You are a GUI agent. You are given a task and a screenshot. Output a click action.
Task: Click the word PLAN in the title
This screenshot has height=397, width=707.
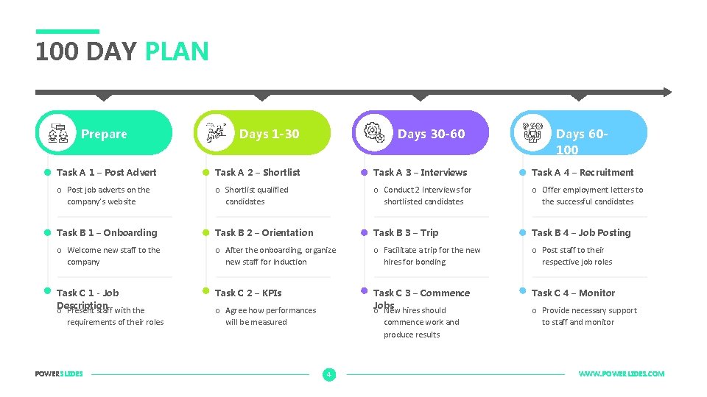[x=177, y=51]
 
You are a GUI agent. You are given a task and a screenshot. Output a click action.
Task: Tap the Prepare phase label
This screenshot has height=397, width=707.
[x=104, y=134]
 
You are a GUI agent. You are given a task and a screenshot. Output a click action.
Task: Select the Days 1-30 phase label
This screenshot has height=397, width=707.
[x=269, y=134]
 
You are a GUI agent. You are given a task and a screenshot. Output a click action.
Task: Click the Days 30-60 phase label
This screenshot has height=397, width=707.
[x=431, y=134]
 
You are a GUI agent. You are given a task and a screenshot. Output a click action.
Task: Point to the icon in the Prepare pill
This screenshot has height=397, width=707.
[x=58, y=133]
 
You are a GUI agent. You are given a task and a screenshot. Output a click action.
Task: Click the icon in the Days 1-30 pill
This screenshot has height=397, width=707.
[x=216, y=132]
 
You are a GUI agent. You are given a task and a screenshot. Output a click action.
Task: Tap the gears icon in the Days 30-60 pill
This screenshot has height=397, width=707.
[x=374, y=132]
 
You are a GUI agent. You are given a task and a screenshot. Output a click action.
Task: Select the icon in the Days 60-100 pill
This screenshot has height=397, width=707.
[x=532, y=132]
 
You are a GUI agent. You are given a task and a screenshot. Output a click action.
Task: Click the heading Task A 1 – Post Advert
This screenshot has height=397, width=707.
[x=107, y=173]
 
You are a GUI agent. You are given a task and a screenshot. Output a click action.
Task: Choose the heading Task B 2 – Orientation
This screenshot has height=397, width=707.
[x=264, y=233]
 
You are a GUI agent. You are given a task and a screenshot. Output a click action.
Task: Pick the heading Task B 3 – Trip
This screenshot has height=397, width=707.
[x=406, y=233]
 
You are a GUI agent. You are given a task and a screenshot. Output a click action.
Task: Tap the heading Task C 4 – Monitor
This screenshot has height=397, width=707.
[x=573, y=293]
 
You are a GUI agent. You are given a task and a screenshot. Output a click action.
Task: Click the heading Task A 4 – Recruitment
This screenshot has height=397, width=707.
[x=583, y=173]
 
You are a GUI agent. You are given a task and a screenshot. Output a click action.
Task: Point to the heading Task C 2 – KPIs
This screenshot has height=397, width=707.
[x=248, y=293]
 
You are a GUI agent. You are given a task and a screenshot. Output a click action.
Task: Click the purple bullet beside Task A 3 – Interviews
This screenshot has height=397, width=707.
[x=363, y=173]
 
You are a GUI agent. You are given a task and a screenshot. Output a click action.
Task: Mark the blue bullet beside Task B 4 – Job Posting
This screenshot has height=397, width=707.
[x=521, y=232]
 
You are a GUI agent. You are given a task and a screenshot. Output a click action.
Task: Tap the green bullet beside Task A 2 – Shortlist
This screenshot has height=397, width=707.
[x=205, y=173]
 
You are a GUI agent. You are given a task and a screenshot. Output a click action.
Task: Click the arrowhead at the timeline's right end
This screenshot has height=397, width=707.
[x=666, y=92]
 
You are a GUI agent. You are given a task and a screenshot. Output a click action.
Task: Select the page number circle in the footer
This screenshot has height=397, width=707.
[x=328, y=374]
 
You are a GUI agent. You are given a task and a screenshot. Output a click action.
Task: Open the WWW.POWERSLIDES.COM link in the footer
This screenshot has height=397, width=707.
[x=621, y=374]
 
